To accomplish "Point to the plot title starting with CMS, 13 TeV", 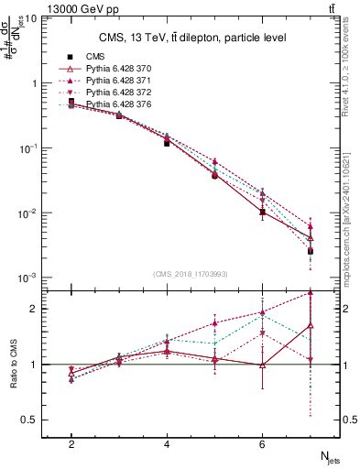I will tap(192, 38).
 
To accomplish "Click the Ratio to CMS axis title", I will tap(13, 364).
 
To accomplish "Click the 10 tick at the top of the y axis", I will tap(31, 17).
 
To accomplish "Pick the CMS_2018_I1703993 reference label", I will tap(191, 272).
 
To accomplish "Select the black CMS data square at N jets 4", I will tap(167, 143).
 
